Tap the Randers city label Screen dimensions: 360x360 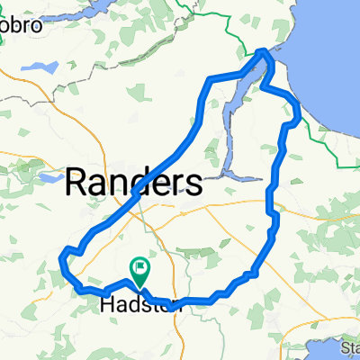pos(133,183)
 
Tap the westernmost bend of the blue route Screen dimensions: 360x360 pos(61,261)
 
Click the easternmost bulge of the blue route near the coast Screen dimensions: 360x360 pos(299,112)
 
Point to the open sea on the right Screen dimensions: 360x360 pos(333,54)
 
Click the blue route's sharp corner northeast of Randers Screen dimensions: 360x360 pos(211,82)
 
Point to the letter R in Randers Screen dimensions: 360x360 pos(76,183)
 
